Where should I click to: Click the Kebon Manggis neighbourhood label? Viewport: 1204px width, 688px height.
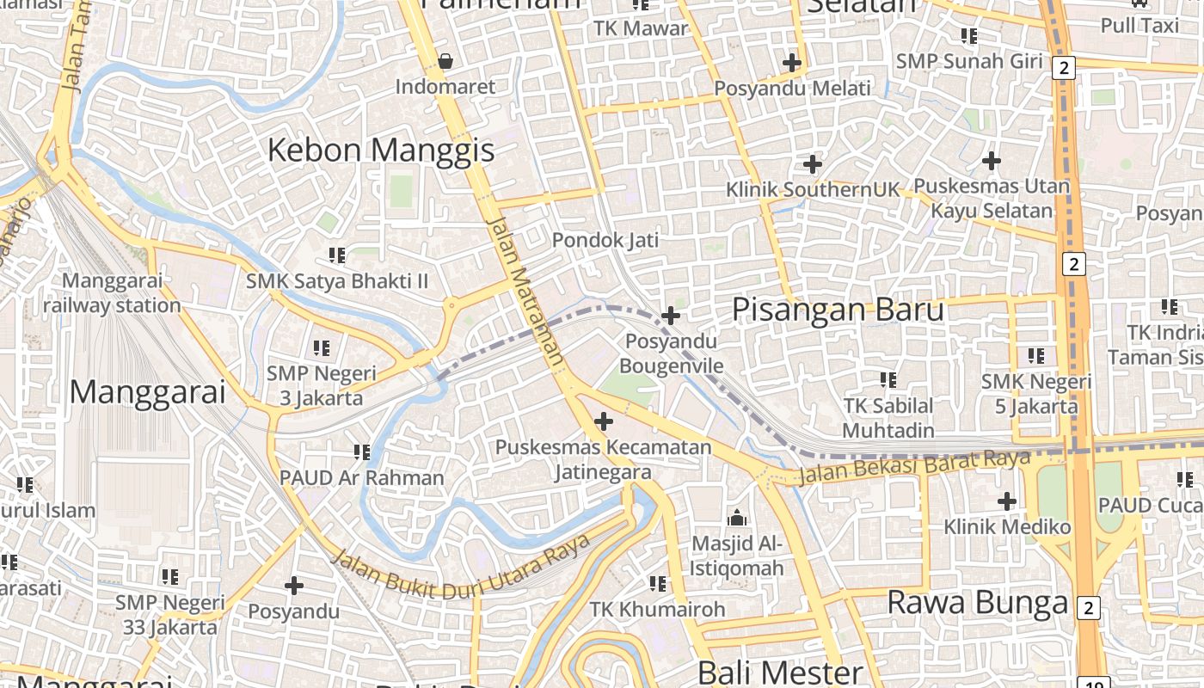tap(381, 150)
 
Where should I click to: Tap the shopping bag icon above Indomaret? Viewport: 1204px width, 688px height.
tap(445, 61)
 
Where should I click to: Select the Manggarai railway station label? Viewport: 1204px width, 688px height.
tap(112, 292)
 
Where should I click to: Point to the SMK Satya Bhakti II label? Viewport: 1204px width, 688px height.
tap(337, 281)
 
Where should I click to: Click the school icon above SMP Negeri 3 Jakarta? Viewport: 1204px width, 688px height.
tap(322, 348)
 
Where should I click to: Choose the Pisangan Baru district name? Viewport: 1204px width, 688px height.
tap(838, 310)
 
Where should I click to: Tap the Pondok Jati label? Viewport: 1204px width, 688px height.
tap(605, 240)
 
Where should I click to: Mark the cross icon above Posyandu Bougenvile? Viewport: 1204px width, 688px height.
tap(671, 316)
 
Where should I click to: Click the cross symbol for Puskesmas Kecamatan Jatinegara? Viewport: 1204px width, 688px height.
tap(604, 421)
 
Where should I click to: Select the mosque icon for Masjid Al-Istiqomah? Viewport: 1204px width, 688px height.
tap(737, 518)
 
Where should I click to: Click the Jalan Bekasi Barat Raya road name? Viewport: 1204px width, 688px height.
tap(914, 467)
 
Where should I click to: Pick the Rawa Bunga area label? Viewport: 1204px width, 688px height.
tap(977, 602)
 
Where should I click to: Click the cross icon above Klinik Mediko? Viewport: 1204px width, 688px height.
tap(1006, 501)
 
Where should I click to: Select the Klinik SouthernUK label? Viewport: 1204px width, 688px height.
tap(812, 188)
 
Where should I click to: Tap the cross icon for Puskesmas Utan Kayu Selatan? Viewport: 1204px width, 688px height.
tap(992, 160)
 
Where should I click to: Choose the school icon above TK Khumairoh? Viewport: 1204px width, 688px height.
tap(658, 584)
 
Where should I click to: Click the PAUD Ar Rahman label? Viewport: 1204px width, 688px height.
tap(362, 477)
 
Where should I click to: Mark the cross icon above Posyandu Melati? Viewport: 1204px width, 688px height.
tap(792, 63)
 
